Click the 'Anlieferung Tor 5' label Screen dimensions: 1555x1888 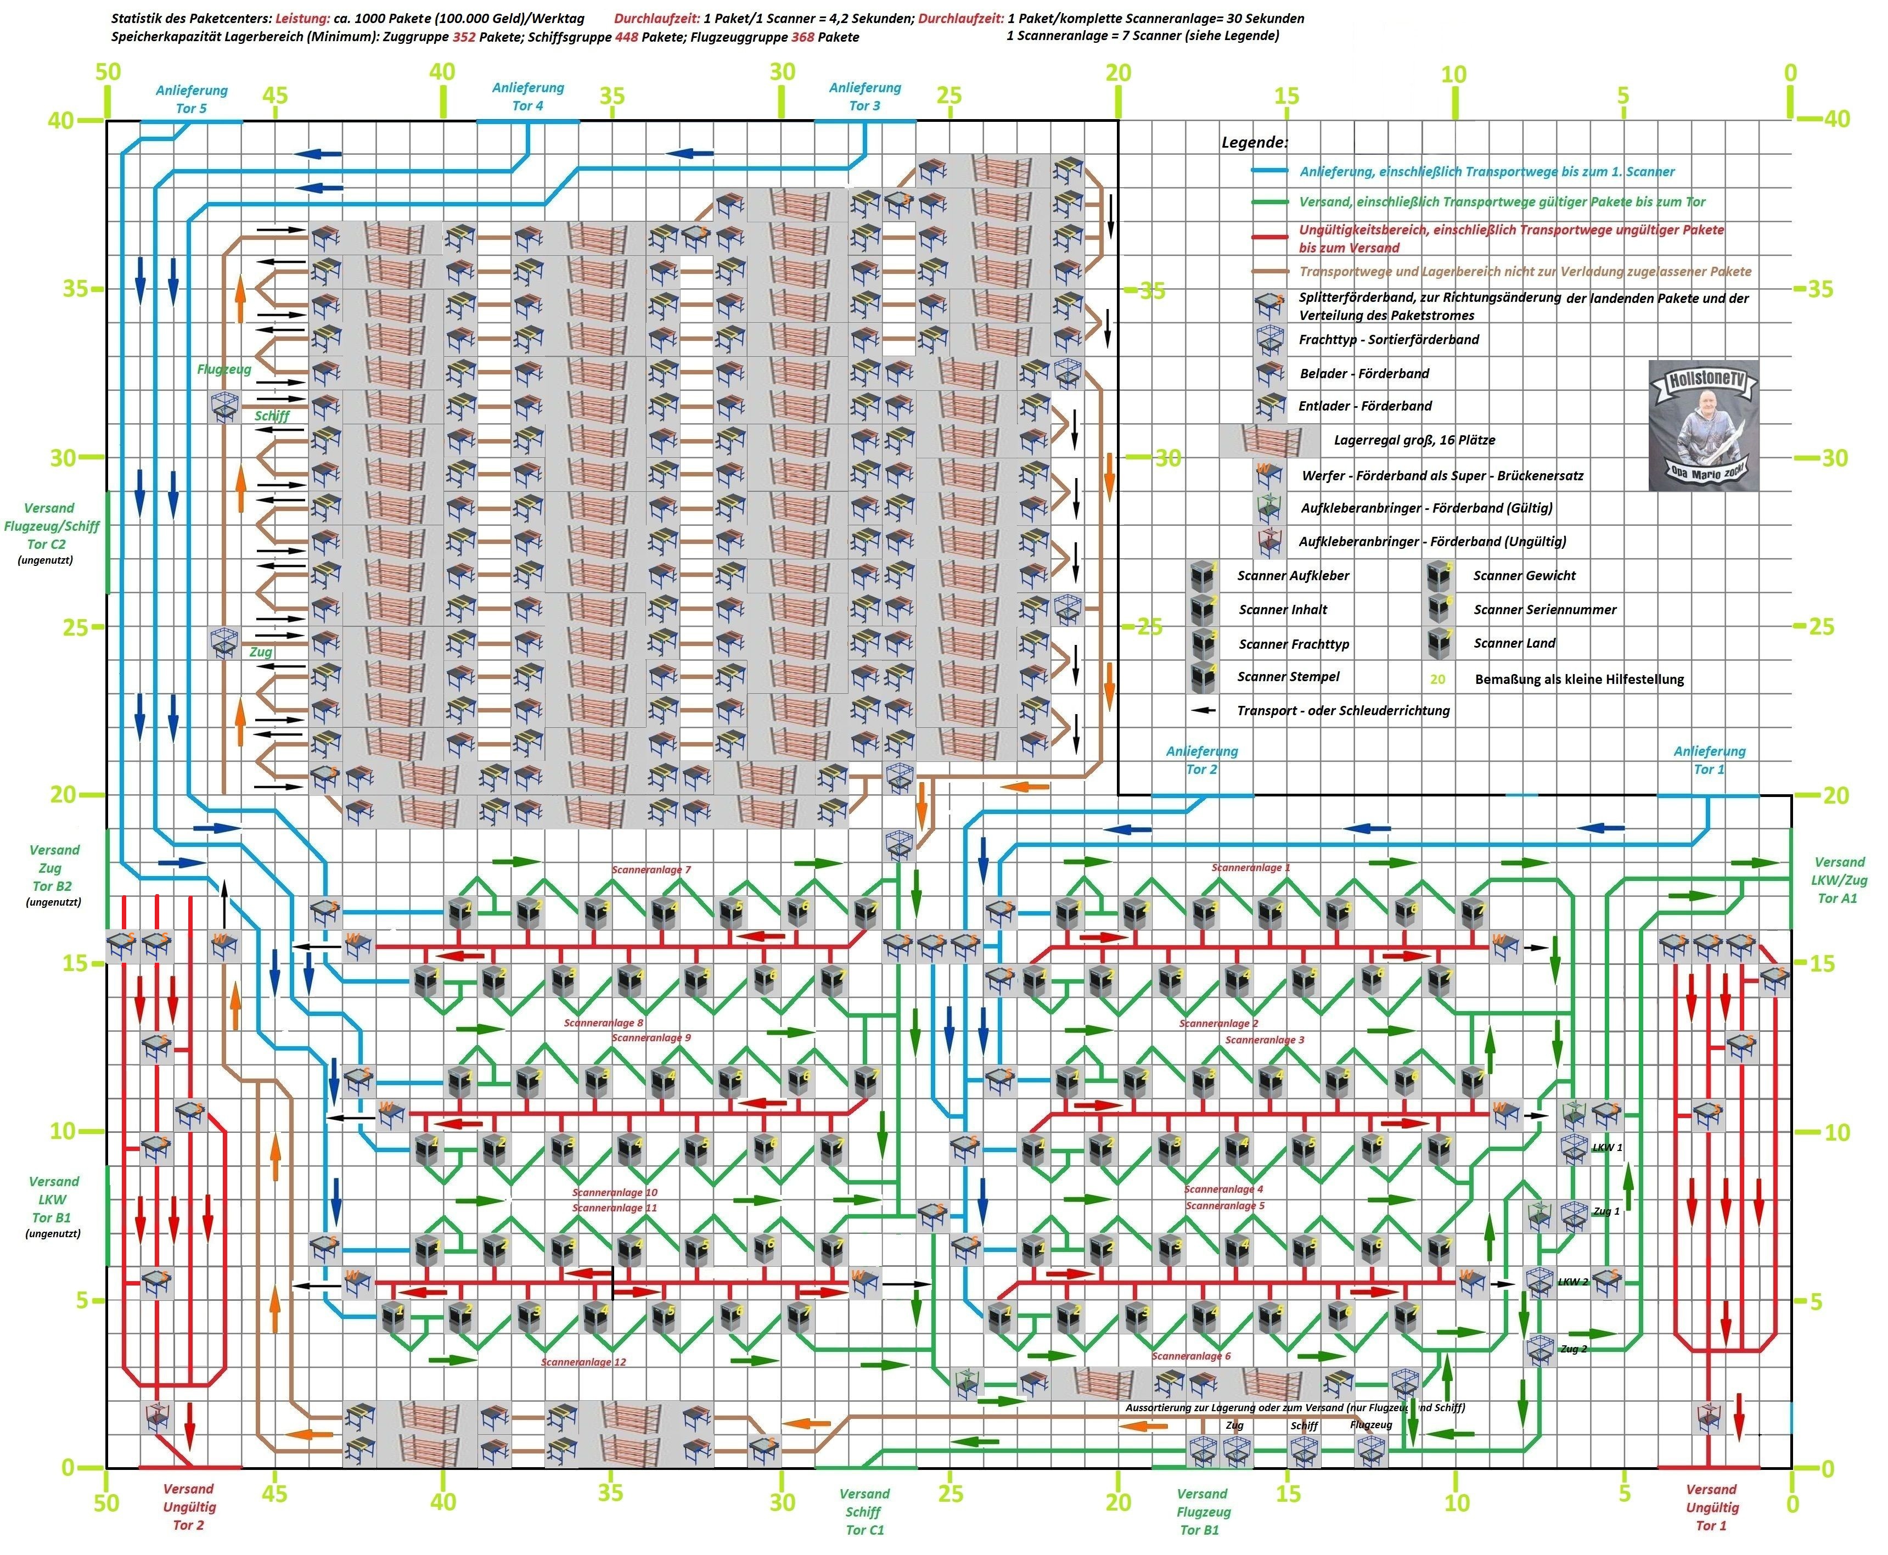tap(191, 99)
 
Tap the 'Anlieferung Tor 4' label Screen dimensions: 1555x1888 tap(527, 97)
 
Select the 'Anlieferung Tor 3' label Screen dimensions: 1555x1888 tap(864, 97)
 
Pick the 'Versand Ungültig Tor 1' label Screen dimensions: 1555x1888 tap(1711, 1508)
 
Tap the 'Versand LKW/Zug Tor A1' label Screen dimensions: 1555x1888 tap(1839, 880)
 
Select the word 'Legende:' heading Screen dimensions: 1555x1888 tap(1255, 142)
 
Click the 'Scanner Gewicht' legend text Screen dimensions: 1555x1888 tap(1524, 576)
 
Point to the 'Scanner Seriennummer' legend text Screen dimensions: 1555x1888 tap(1545, 610)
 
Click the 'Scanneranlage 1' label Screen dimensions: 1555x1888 tap(1250, 868)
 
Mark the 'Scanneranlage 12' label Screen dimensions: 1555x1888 tap(583, 1362)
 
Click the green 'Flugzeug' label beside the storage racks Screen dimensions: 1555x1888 tap(224, 369)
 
